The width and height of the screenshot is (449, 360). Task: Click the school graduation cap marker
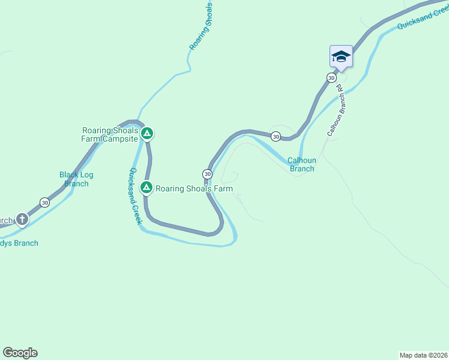tap(341, 57)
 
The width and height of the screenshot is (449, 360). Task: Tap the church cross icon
tap(22, 219)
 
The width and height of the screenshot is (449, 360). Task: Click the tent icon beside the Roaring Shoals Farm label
tap(146, 188)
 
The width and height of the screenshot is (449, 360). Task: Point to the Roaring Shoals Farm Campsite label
tap(110, 135)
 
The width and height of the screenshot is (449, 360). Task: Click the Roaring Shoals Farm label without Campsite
tap(194, 188)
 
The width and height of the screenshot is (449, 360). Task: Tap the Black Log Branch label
tap(76, 179)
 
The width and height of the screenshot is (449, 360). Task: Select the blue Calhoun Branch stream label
tap(301, 164)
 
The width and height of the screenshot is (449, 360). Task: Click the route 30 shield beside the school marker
tap(331, 78)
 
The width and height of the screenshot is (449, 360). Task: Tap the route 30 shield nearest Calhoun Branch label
tap(276, 137)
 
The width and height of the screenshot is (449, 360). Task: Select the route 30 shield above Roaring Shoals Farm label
tap(207, 174)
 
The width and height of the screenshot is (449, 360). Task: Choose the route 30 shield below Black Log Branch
tap(44, 202)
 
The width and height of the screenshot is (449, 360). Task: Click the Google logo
tap(20, 353)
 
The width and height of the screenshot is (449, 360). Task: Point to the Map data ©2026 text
tap(423, 355)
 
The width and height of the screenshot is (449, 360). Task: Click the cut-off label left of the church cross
tap(5, 220)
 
